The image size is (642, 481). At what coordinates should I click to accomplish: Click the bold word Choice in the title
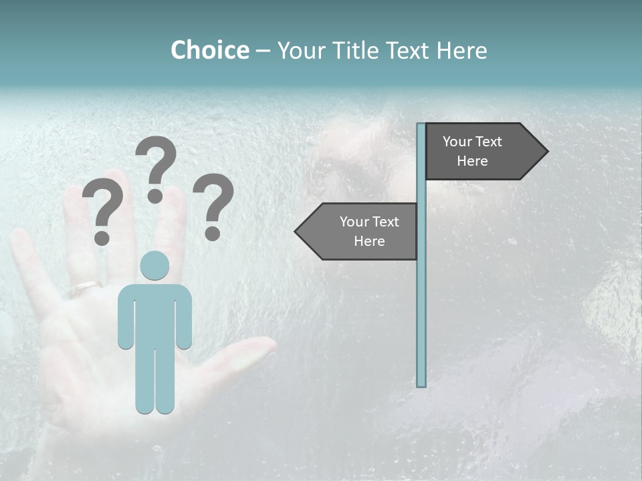pyautogui.click(x=209, y=50)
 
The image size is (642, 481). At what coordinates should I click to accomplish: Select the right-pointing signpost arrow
pyautogui.click(x=481, y=152)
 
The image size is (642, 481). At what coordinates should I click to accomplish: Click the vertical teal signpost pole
pyautogui.click(x=421, y=301)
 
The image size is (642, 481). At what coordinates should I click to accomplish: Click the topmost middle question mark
pyautogui.click(x=156, y=167)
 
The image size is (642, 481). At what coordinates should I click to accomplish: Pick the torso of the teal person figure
pyautogui.click(x=154, y=314)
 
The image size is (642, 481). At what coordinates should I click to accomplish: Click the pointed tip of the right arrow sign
pyautogui.click(x=546, y=152)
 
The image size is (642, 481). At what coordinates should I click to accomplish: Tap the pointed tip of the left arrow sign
pyautogui.click(x=297, y=231)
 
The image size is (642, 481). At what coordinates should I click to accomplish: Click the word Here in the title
pyautogui.click(x=461, y=50)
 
